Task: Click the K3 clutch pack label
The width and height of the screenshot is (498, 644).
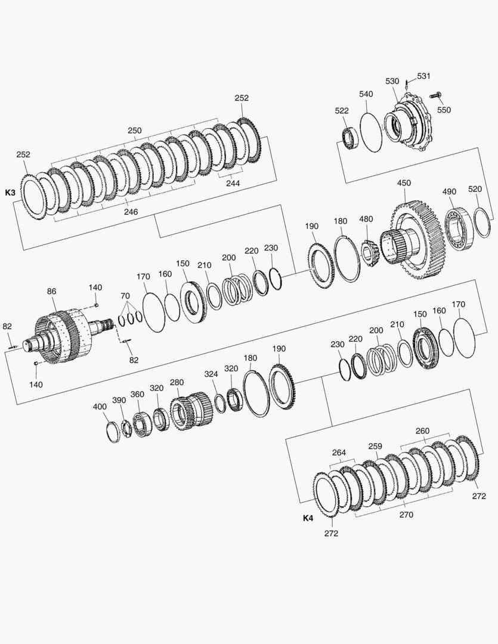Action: [x=10, y=192]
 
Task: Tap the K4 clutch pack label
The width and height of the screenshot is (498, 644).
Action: [x=308, y=518]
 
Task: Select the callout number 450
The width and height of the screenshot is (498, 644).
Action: [x=404, y=183]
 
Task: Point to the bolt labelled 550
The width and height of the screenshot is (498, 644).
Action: [x=435, y=95]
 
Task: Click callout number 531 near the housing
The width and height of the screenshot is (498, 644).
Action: [x=424, y=76]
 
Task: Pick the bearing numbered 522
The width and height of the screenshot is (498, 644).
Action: [x=351, y=138]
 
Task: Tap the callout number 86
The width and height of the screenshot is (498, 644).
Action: [x=51, y=291]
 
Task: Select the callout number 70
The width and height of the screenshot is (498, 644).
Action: [x=125, y=296]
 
